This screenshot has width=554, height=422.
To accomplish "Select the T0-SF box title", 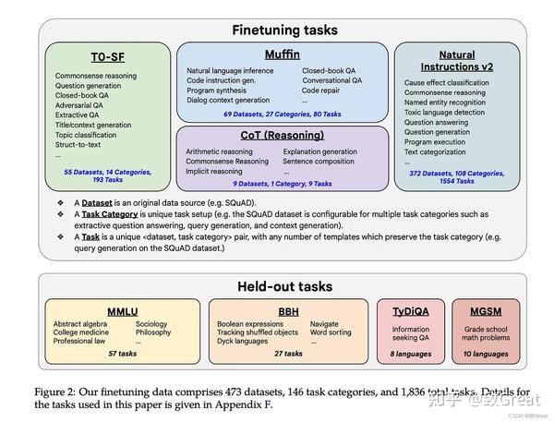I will (110, 56).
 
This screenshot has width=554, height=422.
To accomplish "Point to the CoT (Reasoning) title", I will (283, 137).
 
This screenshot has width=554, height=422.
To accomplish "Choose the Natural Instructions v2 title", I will (464, 61).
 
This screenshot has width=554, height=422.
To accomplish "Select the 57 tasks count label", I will (122, 354).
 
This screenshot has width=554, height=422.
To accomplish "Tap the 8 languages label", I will (410, 354).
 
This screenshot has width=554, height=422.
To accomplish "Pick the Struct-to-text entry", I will (79, 145).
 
